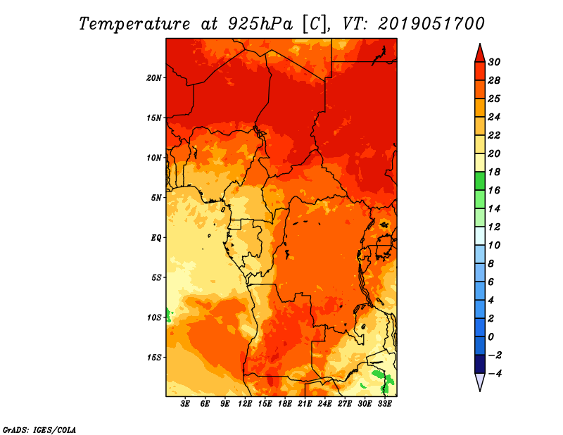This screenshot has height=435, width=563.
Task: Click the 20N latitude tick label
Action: [153, 78]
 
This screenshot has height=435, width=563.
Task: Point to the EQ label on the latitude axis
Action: [156, 238]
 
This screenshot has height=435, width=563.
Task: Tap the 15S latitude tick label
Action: [154, 358]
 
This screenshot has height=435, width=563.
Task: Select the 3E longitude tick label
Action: [185, 403]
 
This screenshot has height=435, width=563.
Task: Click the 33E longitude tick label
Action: [384, 403]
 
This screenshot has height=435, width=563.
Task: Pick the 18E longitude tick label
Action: [285, 403]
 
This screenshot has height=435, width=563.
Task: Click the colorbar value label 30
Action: [494, 62]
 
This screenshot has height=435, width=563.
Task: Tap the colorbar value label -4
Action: [495, 374]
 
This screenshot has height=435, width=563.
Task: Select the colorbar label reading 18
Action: [494, 172]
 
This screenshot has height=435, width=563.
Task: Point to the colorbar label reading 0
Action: [491, 337]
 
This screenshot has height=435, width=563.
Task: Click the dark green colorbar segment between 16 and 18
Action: [480, 181]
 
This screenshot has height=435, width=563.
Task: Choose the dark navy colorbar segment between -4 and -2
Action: [480, 364]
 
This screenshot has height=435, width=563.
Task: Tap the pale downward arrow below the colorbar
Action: [480, 382]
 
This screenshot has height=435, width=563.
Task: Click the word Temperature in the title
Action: [134, 24]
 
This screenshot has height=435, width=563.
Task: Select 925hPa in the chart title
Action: [260, 24]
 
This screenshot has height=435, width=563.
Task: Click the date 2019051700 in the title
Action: [431, 24]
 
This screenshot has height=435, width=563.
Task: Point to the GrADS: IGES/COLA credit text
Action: [39, 430]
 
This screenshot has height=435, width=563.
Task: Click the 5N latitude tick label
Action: [156, 198]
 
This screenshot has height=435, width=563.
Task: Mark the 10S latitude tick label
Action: [154, 317]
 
